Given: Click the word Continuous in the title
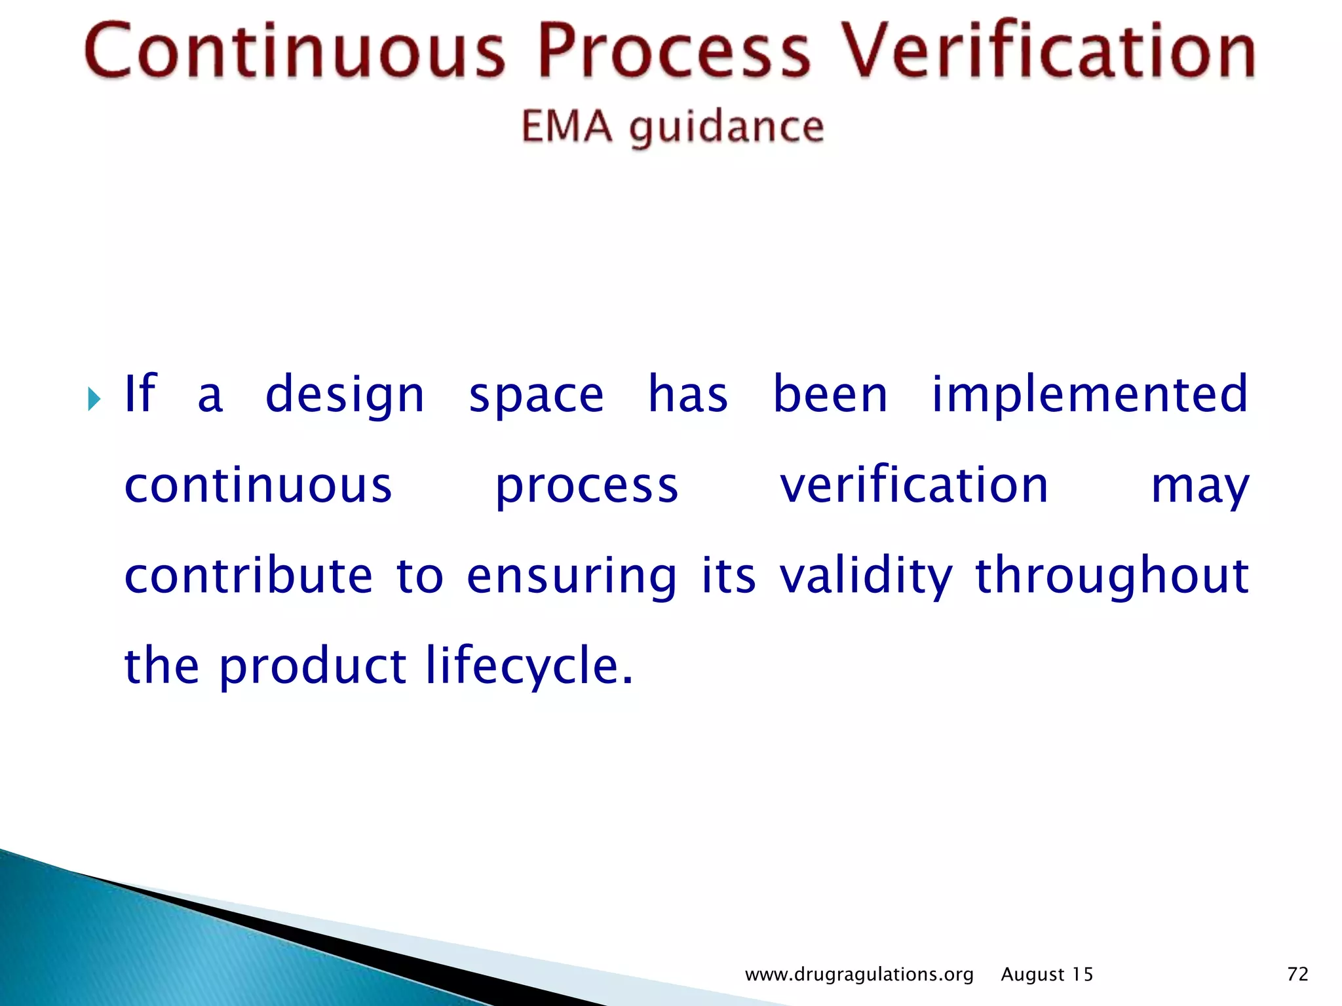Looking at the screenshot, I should pyautogui.click(x=295, y=51).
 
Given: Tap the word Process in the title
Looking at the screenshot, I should pyautogui.click(x=674, y=51).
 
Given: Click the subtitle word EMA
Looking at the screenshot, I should pyautogui.click(x=567, y=126).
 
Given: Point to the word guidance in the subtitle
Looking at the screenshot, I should pyautogui.click(x=726, y=128).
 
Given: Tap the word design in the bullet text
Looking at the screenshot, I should pyautogui.click(x=345, y=395).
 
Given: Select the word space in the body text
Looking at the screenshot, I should pyautogui.click(x=536, y=396).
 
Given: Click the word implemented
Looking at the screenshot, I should pyautogui.click(x=1090, y=395).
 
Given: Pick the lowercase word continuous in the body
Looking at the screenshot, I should pyautogui.click(x=258, y=486).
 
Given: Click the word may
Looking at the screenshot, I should pyautogui.click(x=1200, y=488).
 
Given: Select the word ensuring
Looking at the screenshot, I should pyautogui.click(x=571, y=576).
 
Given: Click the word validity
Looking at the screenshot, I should pyautogui.click(x=866, y=576).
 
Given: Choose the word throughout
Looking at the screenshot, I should pyautogui.click(x=1112, y=576).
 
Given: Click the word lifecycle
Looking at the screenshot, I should pyautogui.click(x=529, y=667).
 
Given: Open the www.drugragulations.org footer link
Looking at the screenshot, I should pyautogui.click(x=859, y=975).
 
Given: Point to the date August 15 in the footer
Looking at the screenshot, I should pyautogui.click(x=1047, y=975).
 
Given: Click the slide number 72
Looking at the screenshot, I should pyautogui.click(x=1297, y=975).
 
